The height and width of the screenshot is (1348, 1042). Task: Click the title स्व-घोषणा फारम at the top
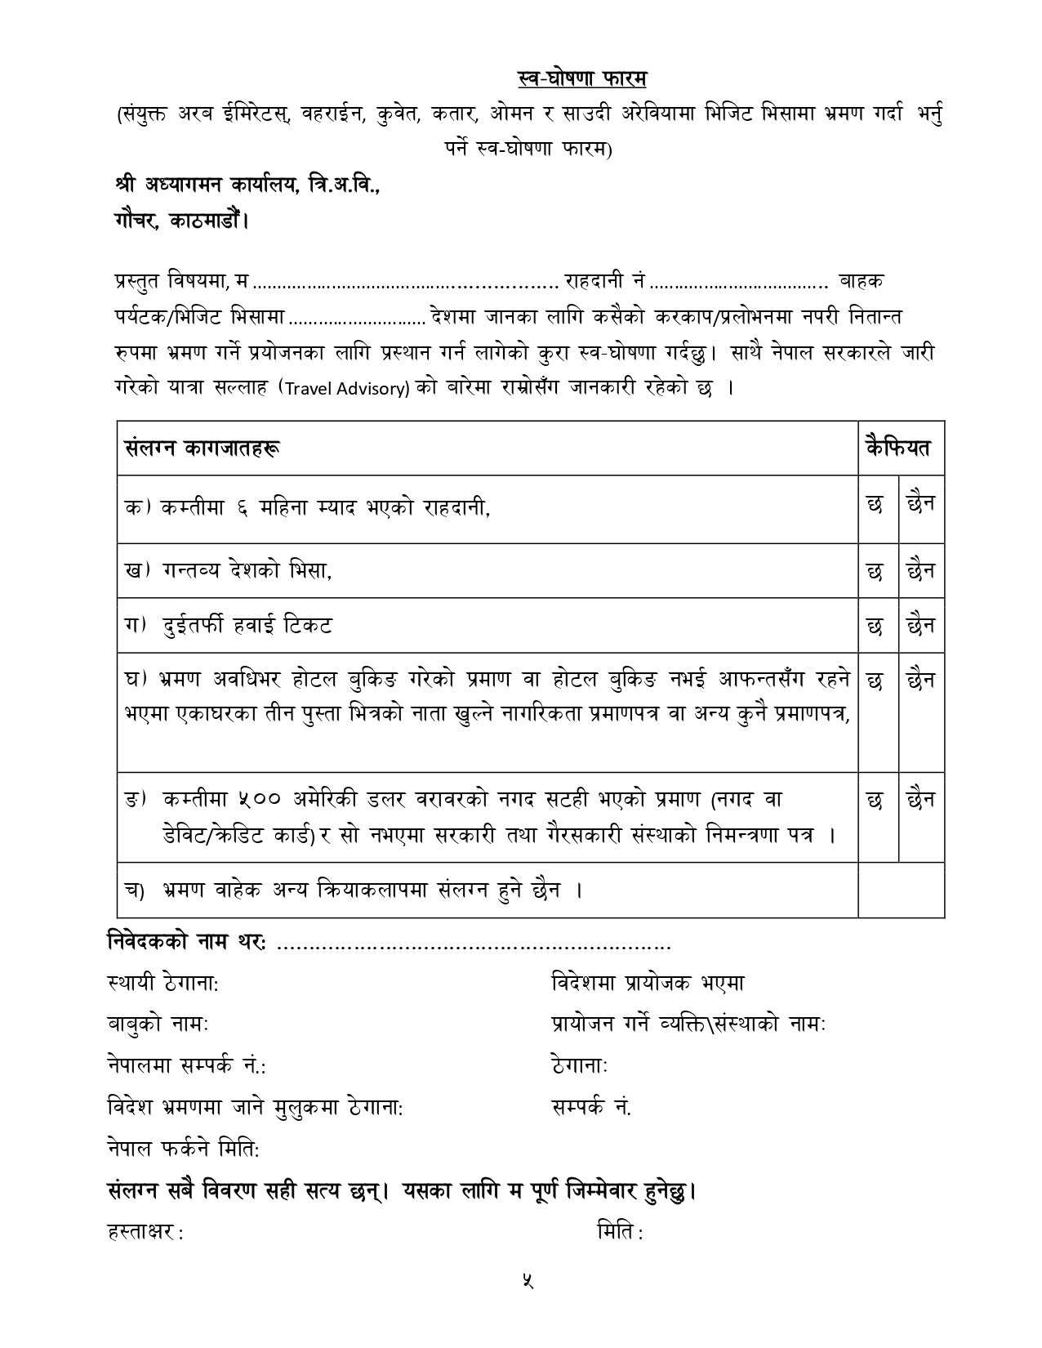582,78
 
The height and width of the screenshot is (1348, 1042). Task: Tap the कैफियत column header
899,448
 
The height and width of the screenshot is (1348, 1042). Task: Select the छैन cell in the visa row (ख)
920,571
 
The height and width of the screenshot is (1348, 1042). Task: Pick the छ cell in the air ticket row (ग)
875,626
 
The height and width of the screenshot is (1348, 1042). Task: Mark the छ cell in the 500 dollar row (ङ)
875,801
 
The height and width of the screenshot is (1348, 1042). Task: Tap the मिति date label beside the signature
619,1234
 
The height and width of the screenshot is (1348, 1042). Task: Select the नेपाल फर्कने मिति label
183,1149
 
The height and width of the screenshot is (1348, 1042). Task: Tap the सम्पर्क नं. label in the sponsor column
591,1108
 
